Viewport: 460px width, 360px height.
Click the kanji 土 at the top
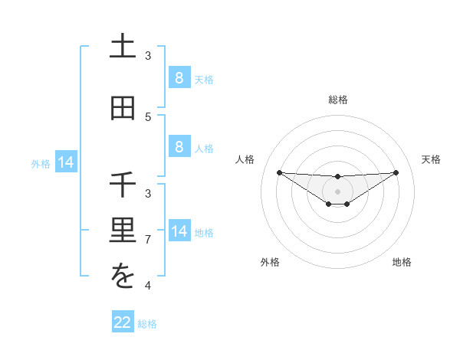click(123, 47)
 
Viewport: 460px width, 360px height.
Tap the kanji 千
click(123, 185)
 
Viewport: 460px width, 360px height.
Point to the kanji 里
click(123, 231)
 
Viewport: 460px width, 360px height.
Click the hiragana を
click(123, 277)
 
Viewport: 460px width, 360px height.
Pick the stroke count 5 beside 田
click(148, 116)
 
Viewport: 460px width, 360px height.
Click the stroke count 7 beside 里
click(148, 240)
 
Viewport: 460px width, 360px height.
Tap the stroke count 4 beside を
click(148, 286)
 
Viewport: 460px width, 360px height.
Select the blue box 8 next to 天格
click(179, 78)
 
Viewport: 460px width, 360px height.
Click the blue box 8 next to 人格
click(179, 147)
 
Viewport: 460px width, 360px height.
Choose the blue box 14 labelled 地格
click(179, 231)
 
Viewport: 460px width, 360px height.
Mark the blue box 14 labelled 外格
click(66, 162)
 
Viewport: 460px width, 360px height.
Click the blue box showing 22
click(123, 322)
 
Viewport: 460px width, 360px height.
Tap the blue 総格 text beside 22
click(147, 324)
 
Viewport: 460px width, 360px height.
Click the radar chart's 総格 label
click(337, 100)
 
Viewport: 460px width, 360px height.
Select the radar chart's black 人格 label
click(245, 159)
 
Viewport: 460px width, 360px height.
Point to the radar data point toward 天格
click(396, 172)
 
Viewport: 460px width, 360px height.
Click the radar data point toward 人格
click(279, 172)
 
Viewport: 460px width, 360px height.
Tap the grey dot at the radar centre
click(337, 191)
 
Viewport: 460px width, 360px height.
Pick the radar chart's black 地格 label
click(402, 262)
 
